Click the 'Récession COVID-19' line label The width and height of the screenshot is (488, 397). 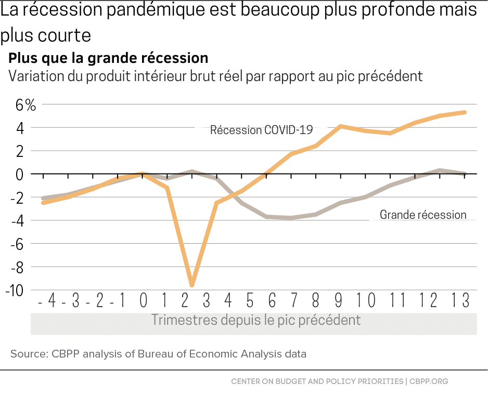coord(261,130)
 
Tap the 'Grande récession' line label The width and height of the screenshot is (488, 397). coord(422,215)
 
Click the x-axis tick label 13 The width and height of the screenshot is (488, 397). coord(460,300)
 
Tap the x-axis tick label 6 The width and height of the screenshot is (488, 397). coord(272,300)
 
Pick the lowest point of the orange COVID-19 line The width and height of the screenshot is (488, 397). coord(192,285)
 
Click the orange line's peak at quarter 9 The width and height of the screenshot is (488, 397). coord(340,126)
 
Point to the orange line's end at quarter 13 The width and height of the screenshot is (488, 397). coord(464,112)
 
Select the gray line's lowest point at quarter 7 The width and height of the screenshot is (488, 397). coord(291,218)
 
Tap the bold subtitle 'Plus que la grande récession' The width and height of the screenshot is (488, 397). coord(108,57)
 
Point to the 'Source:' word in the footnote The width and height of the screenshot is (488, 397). coord(29,354)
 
